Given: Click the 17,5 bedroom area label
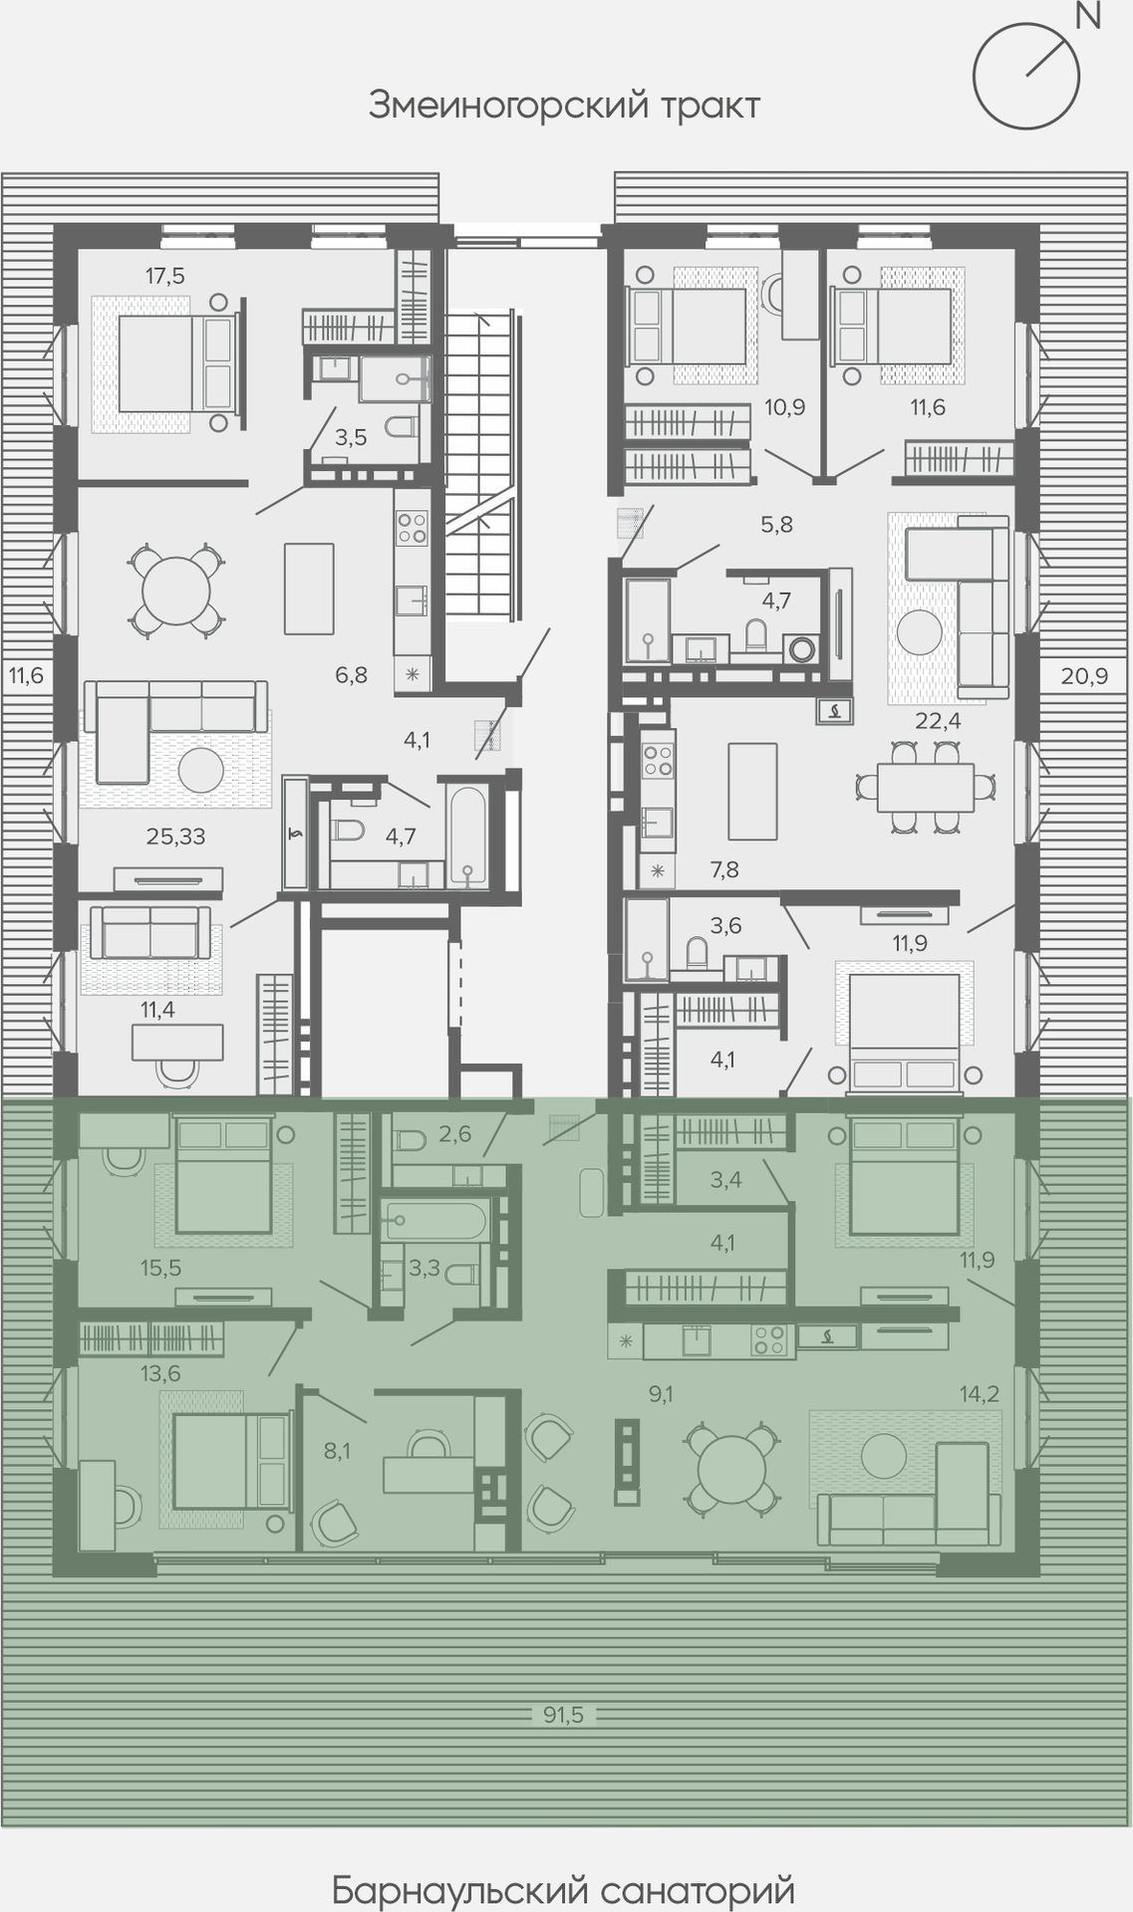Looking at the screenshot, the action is point(165,276).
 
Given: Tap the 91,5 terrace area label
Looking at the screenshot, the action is point(563,1714).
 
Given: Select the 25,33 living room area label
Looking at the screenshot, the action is point(176,836).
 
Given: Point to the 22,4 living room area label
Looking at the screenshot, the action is point(939,721).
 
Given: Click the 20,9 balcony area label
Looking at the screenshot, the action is point(1083,676).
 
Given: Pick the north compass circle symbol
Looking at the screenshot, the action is point(1026,76).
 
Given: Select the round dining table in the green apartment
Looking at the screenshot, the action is point(732,1472).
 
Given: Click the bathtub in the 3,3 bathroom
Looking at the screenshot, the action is point(436,1219).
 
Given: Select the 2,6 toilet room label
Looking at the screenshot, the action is point(454,1134).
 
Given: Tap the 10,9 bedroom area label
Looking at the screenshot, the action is point(784,407).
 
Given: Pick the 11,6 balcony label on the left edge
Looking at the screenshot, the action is point(27,676).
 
